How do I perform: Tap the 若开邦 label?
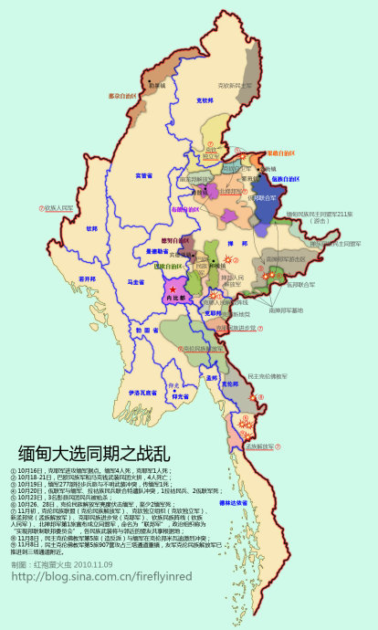[87, 278]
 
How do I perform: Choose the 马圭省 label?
[137, 282]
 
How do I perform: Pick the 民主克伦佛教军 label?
[268, 375]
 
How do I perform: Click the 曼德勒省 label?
[157, 251]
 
